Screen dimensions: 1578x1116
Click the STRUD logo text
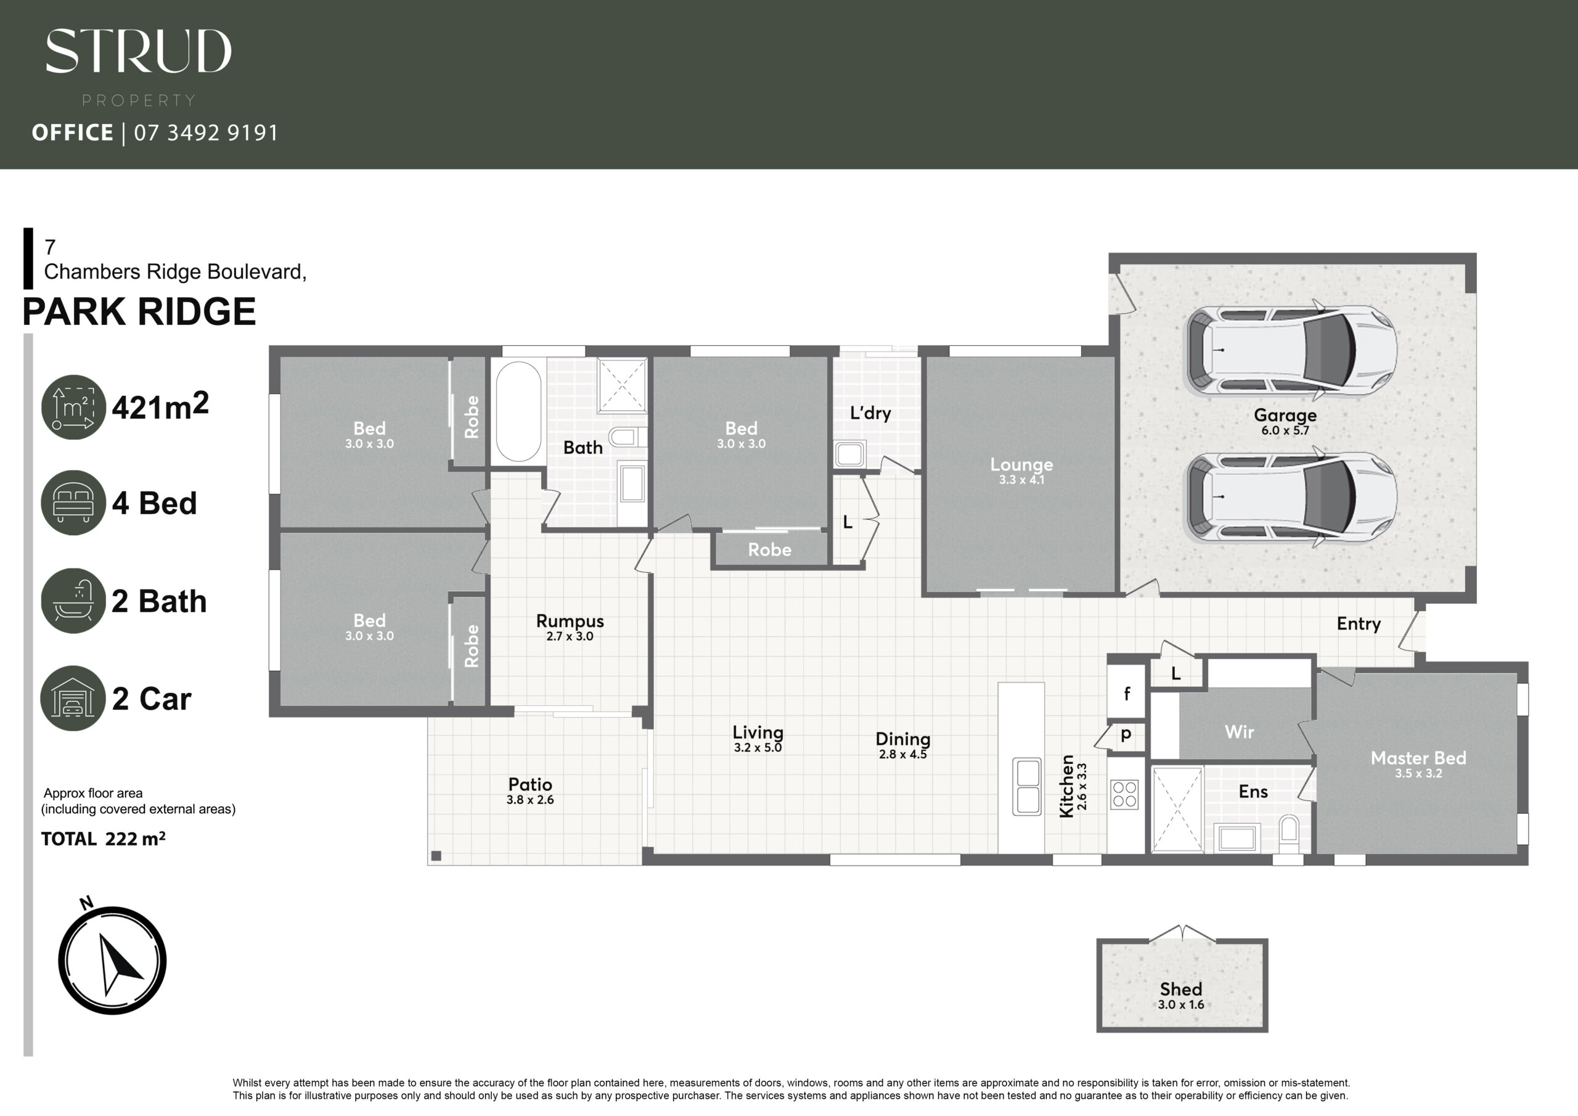138,51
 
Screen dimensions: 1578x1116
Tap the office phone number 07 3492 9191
206,132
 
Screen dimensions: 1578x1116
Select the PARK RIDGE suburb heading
139,311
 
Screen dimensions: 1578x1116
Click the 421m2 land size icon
73,407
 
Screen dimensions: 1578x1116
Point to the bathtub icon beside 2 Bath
73,601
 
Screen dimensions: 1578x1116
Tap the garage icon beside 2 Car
73,698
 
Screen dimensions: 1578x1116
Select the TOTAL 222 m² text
103,839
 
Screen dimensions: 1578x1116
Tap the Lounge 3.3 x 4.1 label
1021,471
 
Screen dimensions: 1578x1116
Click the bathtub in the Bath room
518,411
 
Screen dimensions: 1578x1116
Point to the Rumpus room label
570,621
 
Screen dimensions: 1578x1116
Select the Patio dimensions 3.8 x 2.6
530,800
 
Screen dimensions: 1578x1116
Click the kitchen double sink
1027,786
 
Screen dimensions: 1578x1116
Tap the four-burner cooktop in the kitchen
1124,794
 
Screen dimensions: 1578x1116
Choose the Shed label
1181,989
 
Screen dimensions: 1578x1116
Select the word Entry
1359,624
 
